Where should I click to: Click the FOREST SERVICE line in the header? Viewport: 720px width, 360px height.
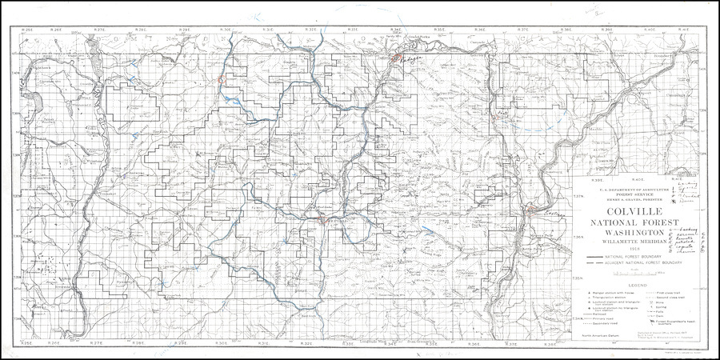coord(633,194)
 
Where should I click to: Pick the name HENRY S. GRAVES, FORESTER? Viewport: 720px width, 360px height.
coord(633,198)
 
